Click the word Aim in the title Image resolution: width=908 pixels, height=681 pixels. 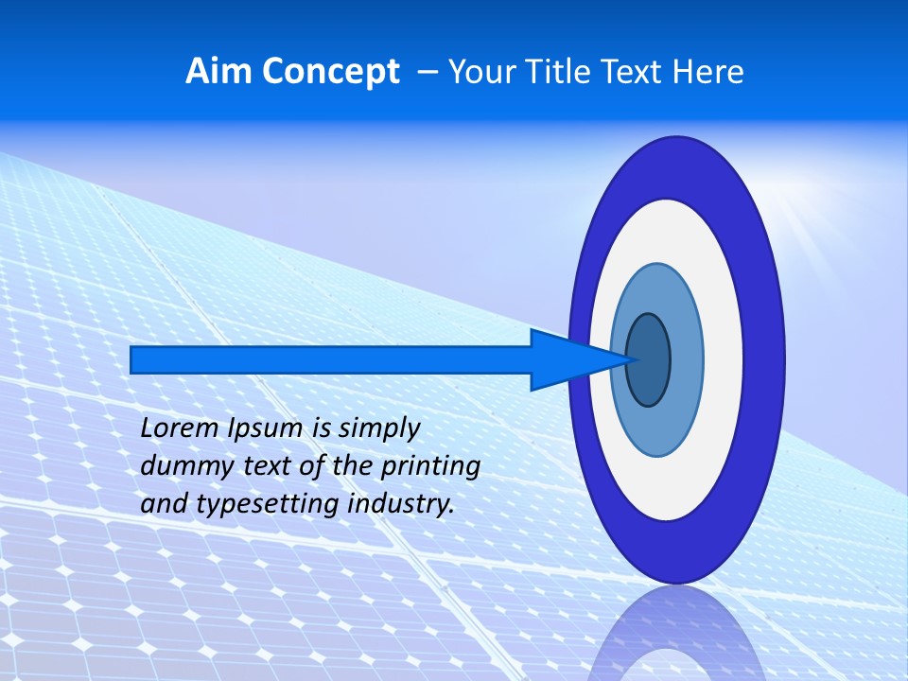pyautogui.click(x=217, y=71)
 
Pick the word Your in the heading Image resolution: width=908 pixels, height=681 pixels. pyautogui.click(x=481, y=71)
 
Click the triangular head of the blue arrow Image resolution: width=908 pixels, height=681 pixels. pyautogui.click(x=567, y=359)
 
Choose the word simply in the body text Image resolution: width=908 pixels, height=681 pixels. pyautogui.click(x=378, y=429)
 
